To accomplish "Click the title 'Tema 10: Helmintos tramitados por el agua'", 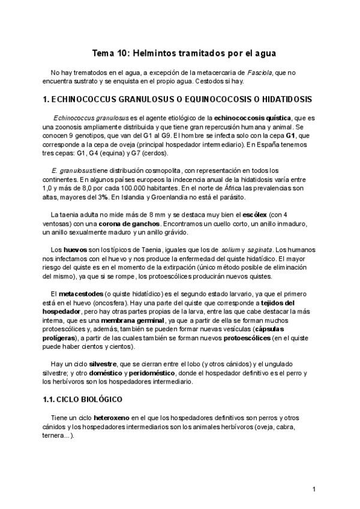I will click(180, 53).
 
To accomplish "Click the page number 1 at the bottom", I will click(314, 490).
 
